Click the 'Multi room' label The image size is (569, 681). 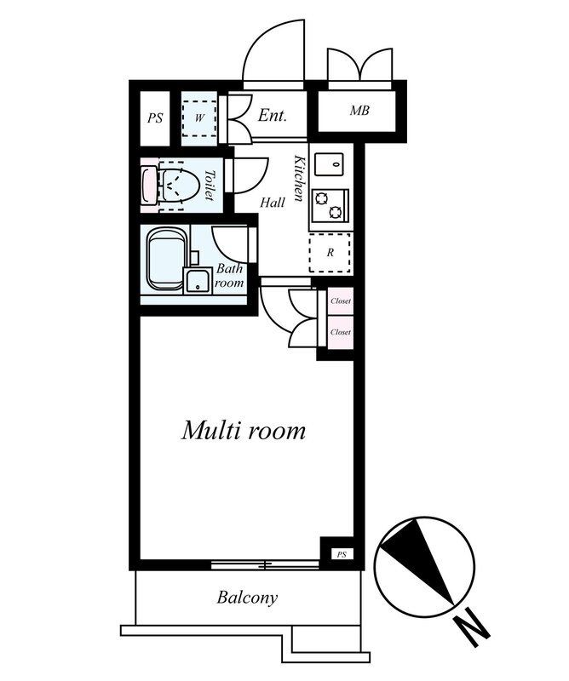pyautogui.click(x=244, y=431)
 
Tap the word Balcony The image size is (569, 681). pyautogui.click(x=247, y=598)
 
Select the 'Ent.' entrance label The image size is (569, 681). pyautogui.click(x=272, y=115)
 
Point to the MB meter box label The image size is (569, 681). pyautogui.click(x=359, y=111)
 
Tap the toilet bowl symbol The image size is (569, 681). pyautogui.click(x=178, y=186)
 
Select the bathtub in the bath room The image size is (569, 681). pyautogui.click(x=165, y=260)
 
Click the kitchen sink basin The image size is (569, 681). pyautogui.click(x=329, y=164)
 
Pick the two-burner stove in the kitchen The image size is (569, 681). pyautogui.click(x=330, y=205)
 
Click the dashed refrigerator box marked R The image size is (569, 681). pyautogui.click(x=330, y=253)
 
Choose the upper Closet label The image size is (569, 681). pyautogui.click(x=341, y=301)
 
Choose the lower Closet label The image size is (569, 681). pyautogui.click(x=341, y=332)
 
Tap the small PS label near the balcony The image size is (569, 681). pyautogui.click(x=342, y=555)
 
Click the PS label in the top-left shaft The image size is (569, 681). pyautogui.click(x=155, y=118)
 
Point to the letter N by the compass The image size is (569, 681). pyautogui.click(x=473, y=628)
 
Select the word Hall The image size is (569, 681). pyautogui.click(x=273, y=203)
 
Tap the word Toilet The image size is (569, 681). pyautogui.click(x=210, y=185)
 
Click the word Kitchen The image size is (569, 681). pyautogui.click(x=299, y=178)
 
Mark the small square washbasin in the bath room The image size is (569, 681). pyautogui.click(x=198, y=281)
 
